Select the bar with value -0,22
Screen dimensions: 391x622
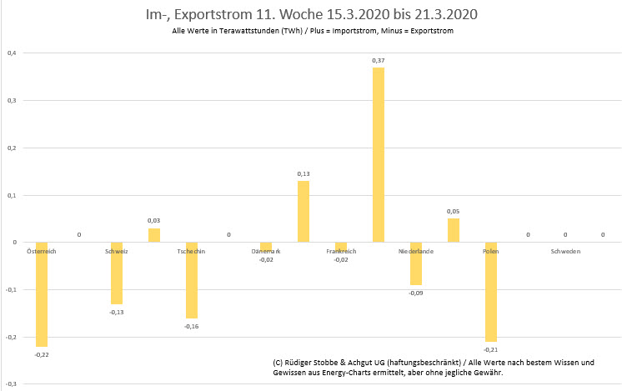[42, 294]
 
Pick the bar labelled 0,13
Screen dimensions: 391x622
[303, 212]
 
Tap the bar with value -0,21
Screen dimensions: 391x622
[490, 292]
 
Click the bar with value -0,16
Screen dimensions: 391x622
[192, 280]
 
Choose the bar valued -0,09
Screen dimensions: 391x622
[415, 263]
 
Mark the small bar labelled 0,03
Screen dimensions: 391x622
[154, 235]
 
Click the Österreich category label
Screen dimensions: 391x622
[42, 250]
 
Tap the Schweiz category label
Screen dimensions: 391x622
[117, 250]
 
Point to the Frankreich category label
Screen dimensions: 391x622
[340, 250]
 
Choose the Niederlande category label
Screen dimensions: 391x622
[414, 250]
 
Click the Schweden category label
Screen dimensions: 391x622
[565, 250]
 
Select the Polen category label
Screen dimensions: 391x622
[490, 250]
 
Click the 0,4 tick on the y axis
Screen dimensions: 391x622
[12, 53]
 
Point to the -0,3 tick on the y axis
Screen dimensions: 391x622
[11, 384]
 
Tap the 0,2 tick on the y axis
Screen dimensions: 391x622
[12, 148]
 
